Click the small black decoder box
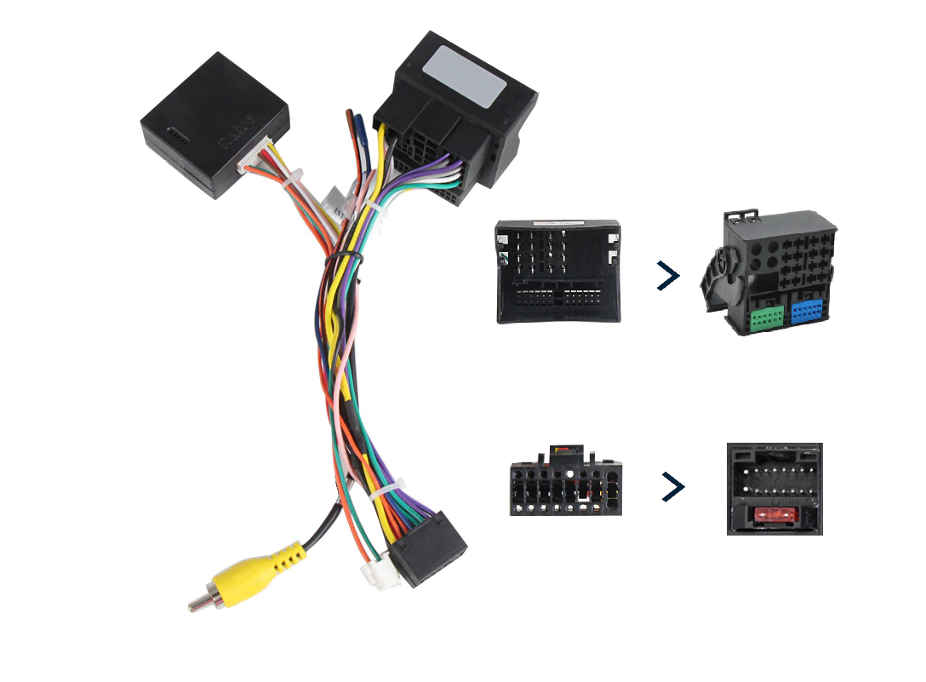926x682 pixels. (x=213, y=123)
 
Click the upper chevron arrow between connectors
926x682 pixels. (x=669, y=275)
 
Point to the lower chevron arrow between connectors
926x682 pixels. (x=673, y=487)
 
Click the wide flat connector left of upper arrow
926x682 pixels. (x=558, y=272)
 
